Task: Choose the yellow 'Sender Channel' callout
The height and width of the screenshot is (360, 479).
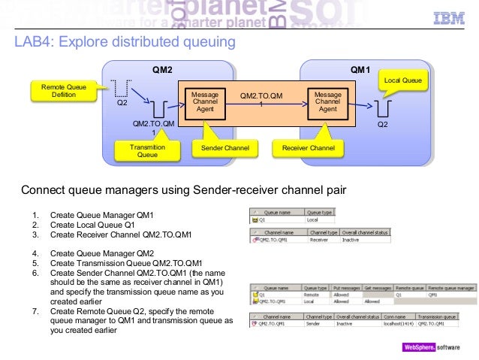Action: click(224, 149)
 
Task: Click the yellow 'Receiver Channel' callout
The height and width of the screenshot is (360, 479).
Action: click(308, 149)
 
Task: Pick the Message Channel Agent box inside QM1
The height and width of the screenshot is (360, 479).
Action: click(327, 102)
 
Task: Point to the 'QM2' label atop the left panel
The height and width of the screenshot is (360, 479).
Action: click(162, 70)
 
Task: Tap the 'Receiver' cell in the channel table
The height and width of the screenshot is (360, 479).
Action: click(320, 241)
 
